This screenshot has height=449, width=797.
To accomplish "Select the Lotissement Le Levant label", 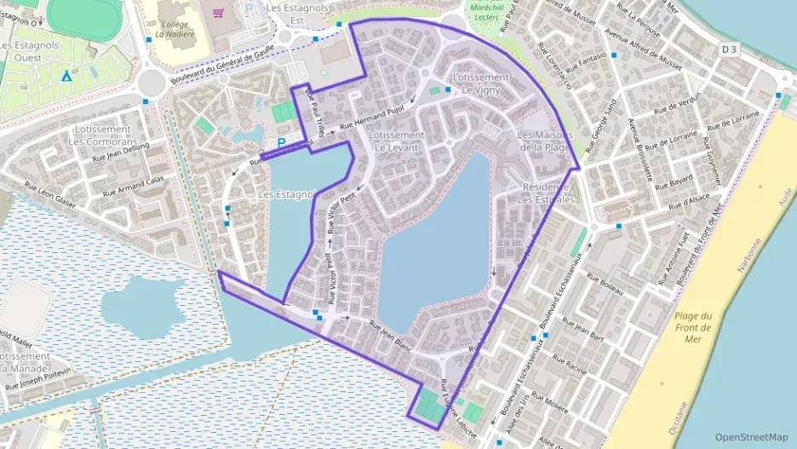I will pyautogui.click(x=397, y=141).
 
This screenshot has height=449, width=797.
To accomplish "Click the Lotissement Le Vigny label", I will pyautogui.click(x=481, y=83).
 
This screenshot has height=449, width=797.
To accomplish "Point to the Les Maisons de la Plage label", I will pyautogui.click(x=544, y=141).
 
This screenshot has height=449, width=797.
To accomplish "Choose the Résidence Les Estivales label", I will pyautogui.click(x=546, y=193).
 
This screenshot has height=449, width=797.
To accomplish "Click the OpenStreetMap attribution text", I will pyautogui.click(x=751, y=436).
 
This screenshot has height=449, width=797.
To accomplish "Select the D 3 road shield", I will pyautogui.click(x=730, y=50).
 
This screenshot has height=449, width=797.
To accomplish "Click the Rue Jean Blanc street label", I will pyautogui.click(x=391, y=334).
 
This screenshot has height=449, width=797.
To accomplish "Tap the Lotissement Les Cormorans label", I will pyautogui.click(x=101, y=135).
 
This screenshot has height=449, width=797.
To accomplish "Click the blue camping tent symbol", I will pyautogui.click(x=66, y=75).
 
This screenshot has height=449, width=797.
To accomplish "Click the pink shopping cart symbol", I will pyautogui.click(x=220, y=13).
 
